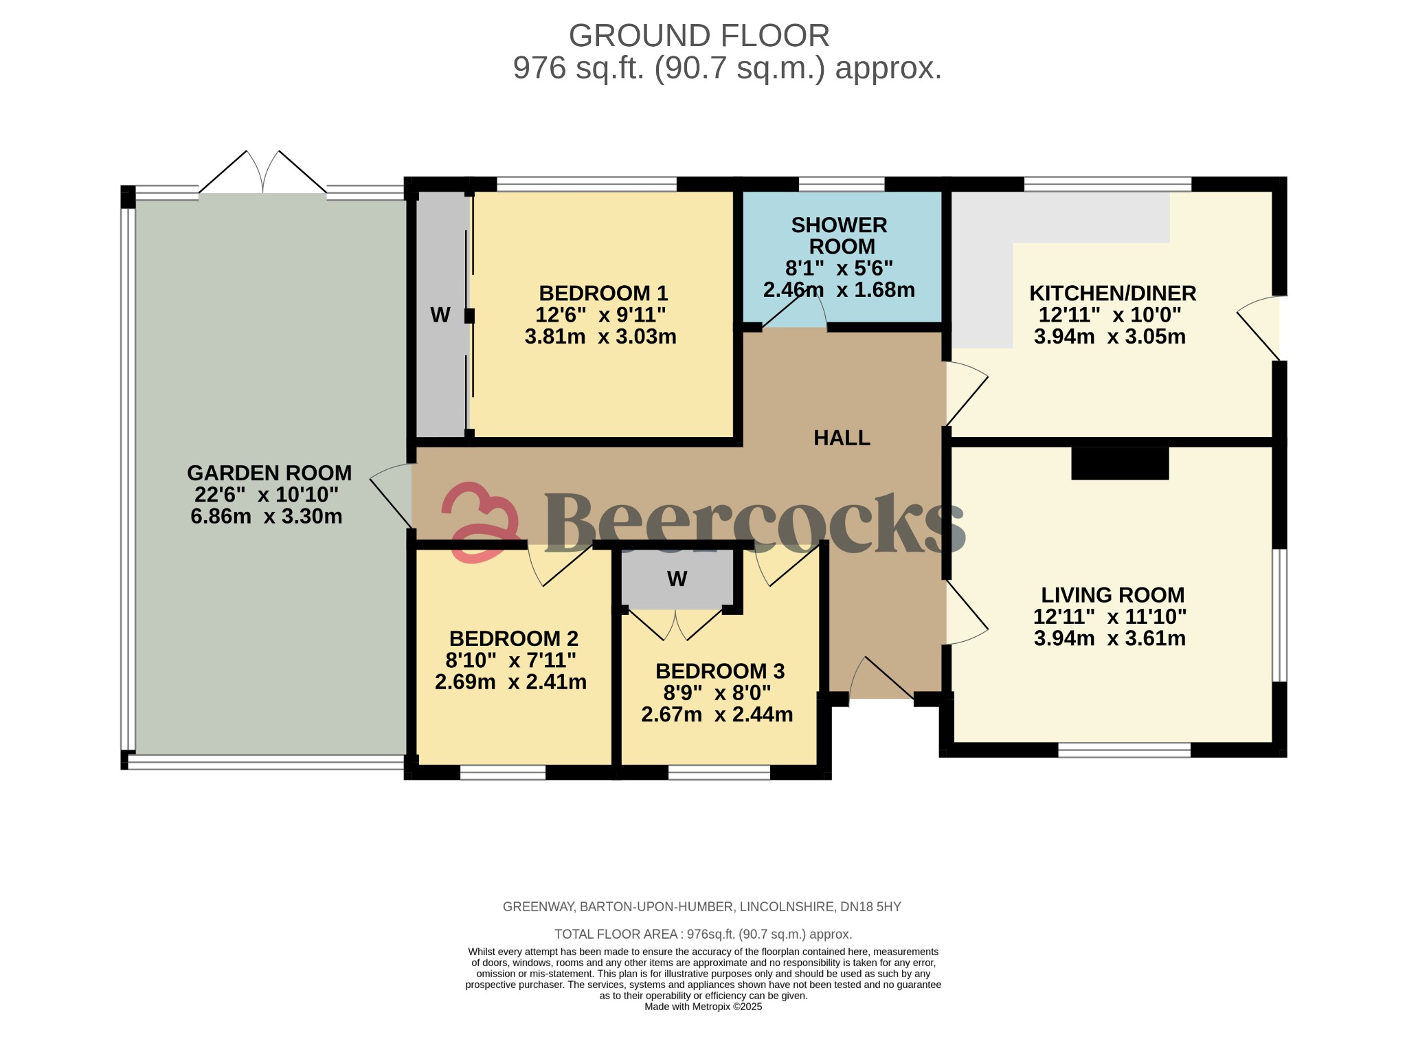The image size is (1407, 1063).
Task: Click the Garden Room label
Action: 269,473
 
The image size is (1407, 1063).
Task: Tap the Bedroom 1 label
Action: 603,293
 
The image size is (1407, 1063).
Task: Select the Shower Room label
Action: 840,236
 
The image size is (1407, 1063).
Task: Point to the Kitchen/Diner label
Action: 1112,293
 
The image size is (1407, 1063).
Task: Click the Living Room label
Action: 1112,594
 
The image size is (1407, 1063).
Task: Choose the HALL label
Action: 842,438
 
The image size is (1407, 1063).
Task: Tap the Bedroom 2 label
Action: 513,638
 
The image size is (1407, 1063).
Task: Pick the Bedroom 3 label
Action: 719,671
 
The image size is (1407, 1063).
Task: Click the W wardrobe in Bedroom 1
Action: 441,315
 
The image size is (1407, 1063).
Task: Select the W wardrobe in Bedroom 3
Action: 677,579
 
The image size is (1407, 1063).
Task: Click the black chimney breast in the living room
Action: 1120,463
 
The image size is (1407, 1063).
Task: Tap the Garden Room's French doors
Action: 262,172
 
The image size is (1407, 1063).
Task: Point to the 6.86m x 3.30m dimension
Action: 267,516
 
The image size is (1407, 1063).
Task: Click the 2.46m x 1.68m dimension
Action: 839,289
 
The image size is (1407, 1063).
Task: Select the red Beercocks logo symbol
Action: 480,522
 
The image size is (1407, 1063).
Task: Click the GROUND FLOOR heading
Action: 699,36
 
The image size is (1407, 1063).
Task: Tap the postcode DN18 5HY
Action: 870,907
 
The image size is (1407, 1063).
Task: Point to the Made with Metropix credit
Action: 703,1007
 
